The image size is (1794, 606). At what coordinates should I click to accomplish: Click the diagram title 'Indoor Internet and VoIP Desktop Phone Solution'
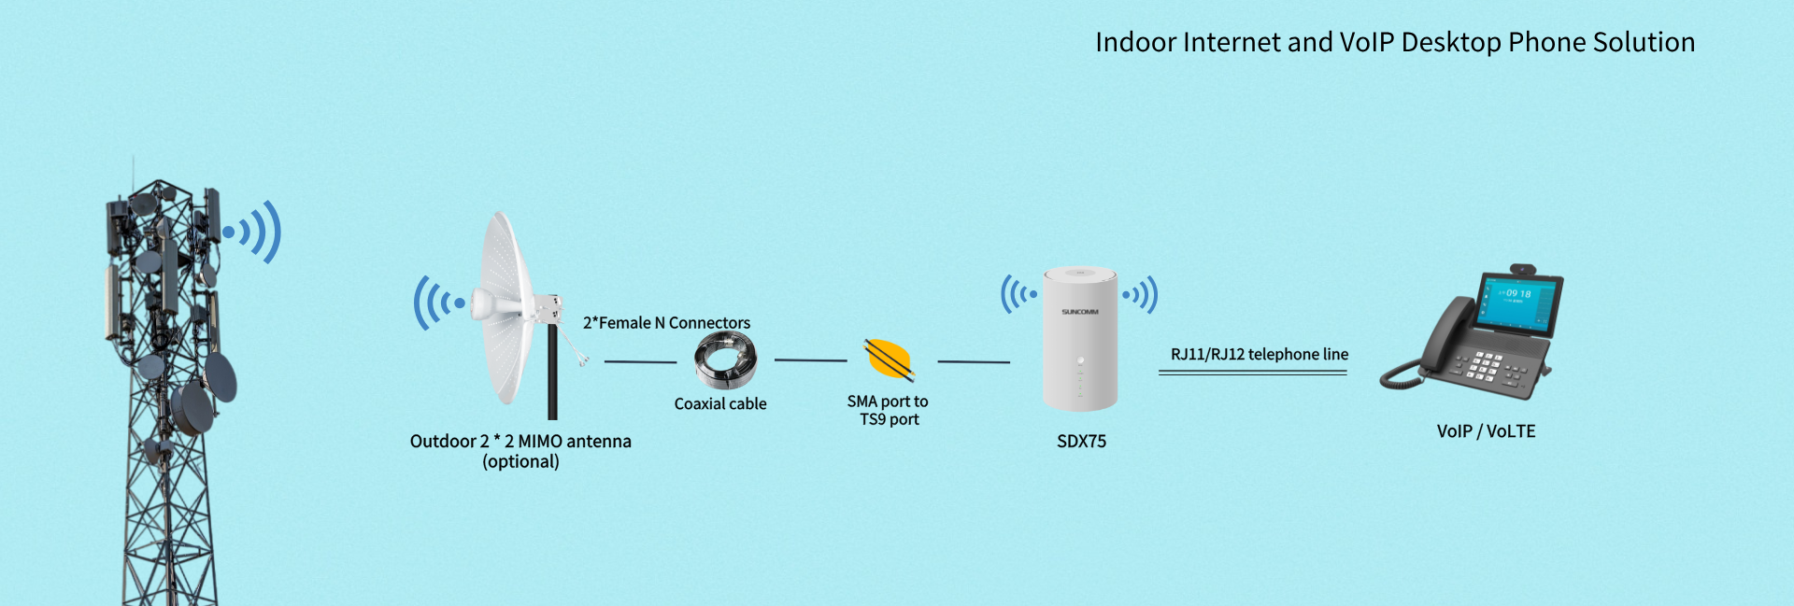(1394, 43)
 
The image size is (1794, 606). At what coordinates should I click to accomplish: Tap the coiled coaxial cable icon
(725, 362)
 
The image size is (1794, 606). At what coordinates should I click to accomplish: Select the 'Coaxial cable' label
(720, 403)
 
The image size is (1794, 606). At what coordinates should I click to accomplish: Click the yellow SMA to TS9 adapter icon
(889, 360)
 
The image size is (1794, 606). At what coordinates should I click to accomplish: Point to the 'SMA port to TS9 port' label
(888, 410)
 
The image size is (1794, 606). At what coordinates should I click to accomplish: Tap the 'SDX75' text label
(1081, 441)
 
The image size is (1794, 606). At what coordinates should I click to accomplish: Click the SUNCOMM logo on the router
(1079, 312)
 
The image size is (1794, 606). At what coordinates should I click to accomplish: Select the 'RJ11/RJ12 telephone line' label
(1259, 354)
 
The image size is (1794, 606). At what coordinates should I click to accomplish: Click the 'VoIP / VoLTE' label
(1486, 431)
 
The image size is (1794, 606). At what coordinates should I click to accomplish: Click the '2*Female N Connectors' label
(666, 323)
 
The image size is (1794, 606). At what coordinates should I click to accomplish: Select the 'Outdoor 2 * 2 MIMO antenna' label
(520, 442)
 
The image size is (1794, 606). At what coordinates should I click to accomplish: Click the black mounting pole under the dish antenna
(552, 373)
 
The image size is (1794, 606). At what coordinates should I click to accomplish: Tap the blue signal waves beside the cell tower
(254, 232)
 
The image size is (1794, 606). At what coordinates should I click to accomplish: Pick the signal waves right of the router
(1141, 295)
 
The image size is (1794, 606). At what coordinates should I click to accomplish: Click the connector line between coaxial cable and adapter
(810, 360)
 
